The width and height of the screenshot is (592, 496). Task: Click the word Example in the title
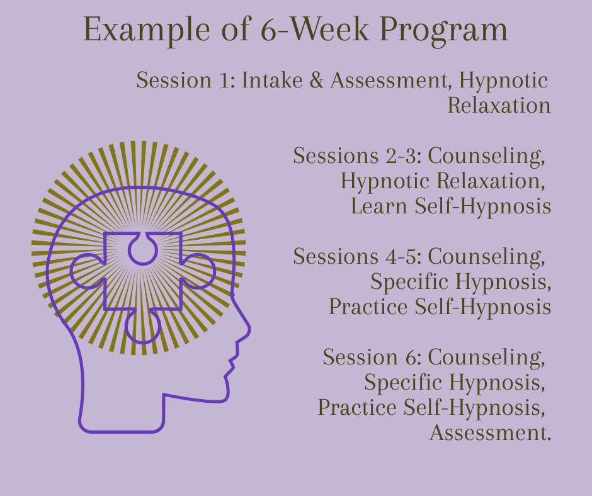[147, 30]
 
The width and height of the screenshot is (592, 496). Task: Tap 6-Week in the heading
[314, 29]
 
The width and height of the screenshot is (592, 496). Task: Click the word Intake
[272, 80]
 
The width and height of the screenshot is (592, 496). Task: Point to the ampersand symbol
[316, 80]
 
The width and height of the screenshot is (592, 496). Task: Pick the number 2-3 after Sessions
[403, 155]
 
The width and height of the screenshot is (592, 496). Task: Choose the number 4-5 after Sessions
[403, 256]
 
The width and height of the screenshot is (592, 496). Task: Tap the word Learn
[379, 206]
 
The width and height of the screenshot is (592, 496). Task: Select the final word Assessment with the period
[491, 432]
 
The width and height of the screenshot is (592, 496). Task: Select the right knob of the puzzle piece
[198, 271]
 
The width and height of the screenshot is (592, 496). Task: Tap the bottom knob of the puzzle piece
[143, 327]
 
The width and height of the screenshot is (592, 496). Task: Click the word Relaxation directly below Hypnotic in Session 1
[499, 105]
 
